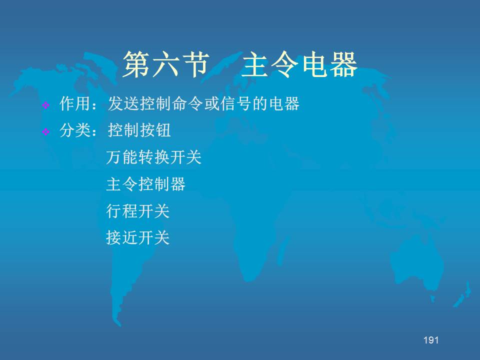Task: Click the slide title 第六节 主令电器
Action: [240, 64]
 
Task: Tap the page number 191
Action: [431, 340]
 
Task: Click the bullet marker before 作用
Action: [46, 105]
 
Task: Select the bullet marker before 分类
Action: [46, 132]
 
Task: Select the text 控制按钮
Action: [139, 130]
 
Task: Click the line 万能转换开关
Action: [153, 157]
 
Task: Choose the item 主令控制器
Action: [145, 184]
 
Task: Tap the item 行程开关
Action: [138, 211]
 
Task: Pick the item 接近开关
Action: [138, 238]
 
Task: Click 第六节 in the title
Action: [166, 64]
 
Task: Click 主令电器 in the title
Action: [299, 64]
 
